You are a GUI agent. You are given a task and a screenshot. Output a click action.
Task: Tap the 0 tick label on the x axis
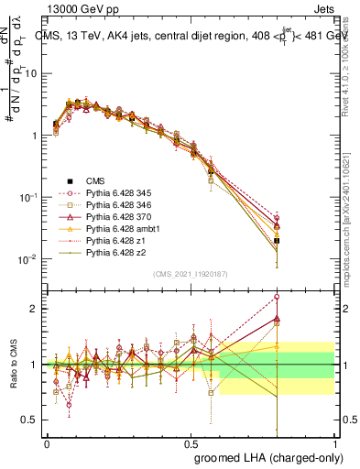pyautogui.click(x=47, y=442)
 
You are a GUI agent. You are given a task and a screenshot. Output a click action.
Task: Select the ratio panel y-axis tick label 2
pyautogui.click(x=34, y=309)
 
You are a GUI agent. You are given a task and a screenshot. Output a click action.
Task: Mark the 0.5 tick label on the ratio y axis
pyautogui.click(x=30, y=420)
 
